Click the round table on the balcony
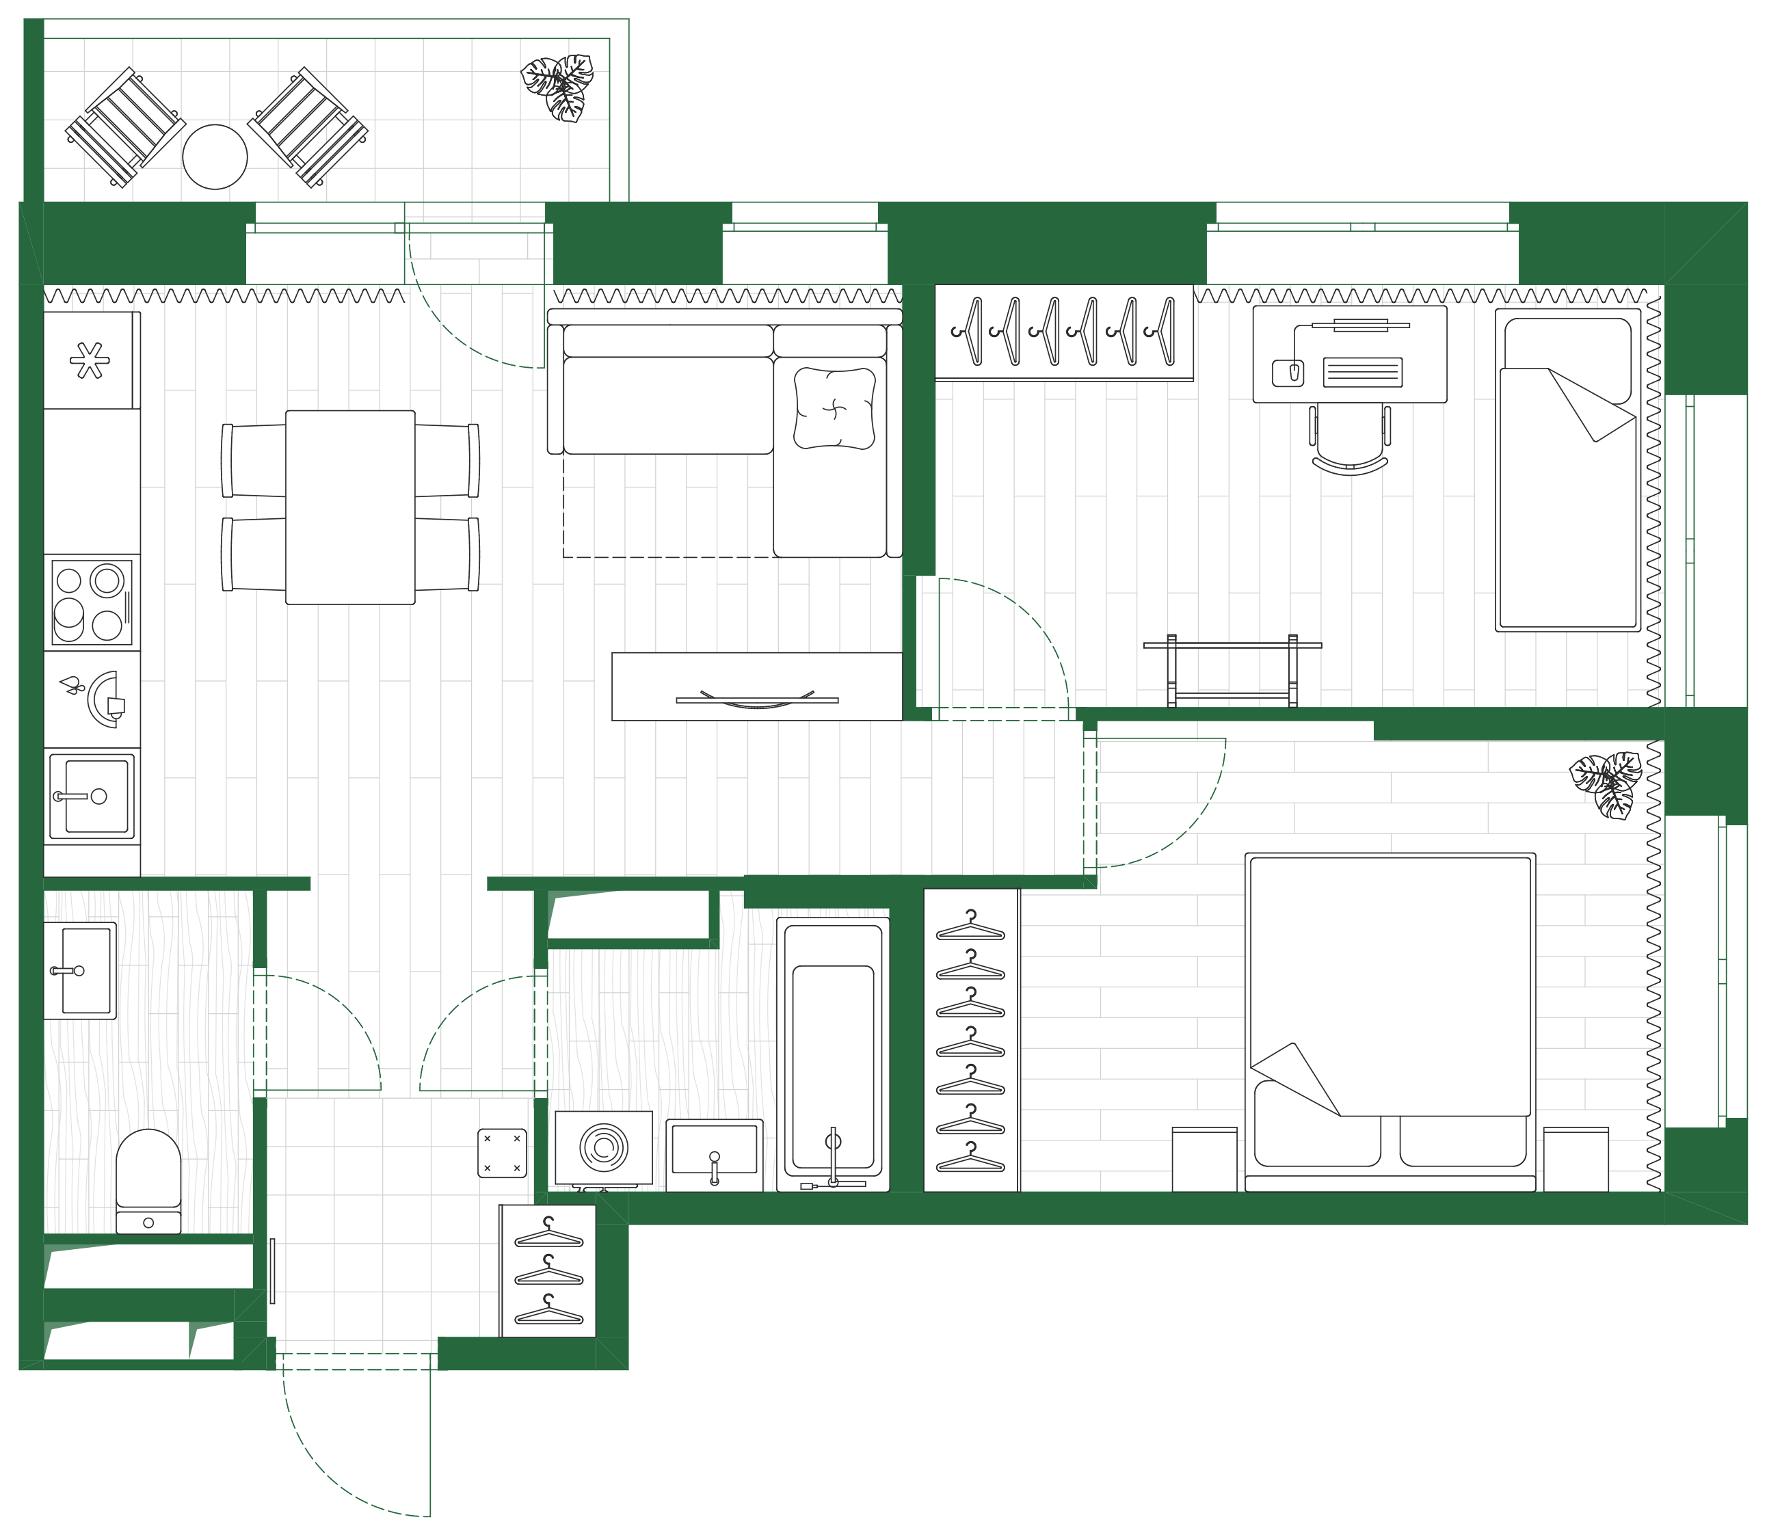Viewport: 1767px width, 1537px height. pos(215,157)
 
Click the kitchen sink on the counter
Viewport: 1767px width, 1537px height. pos(91,796)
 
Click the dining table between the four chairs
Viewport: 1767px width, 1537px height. pos(350,507)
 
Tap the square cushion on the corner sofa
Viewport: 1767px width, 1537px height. pos(834,408)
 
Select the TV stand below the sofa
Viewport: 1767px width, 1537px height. pos(756,686)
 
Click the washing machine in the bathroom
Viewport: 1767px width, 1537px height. pos(604,1147)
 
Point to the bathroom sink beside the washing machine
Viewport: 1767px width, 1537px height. pos(714,1153)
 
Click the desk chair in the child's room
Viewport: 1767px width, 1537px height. pos(1349,438)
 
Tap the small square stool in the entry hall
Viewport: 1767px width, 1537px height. pos(502,1152)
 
